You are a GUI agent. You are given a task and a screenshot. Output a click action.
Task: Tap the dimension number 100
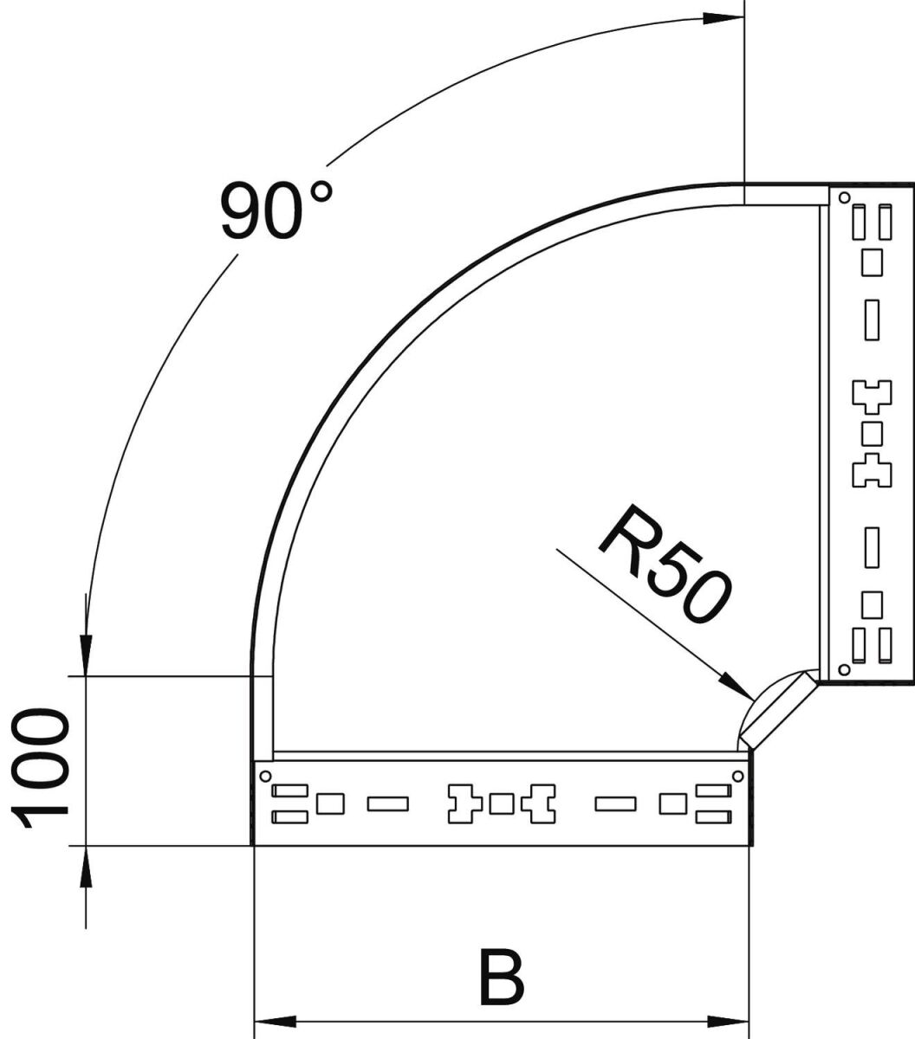tap(41, 768)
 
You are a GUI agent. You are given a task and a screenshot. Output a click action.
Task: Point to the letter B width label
tap(501, 978)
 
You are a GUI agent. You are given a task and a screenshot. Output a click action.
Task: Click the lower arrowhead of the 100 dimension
tap(85, 866)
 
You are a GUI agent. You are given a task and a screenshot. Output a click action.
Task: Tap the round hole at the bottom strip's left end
tap(265, 776)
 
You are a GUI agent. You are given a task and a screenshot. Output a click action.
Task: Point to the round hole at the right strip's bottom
tap(844, 668)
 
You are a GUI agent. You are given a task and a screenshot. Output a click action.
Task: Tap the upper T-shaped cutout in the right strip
tap(872, 395)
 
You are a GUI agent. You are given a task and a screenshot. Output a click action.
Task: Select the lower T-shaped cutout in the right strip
tap(872, 471)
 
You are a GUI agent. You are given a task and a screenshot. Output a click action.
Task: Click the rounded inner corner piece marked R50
tap(775, 707)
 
